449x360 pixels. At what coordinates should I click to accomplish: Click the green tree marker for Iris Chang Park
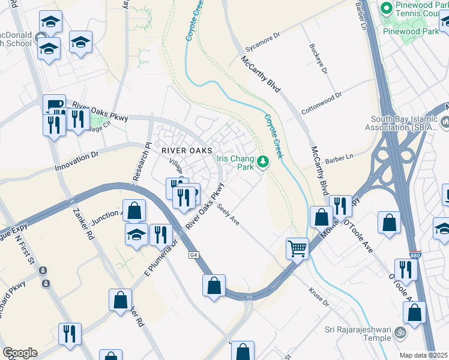pyautogui.click(x=263, y=161)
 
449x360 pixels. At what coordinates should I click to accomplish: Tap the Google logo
pyautogui.click(x=19, y=353)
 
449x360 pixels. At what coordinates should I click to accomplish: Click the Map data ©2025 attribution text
pyautogui.click(x=424, y=355)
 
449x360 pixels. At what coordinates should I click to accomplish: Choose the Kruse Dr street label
pyautogui.click(x=319, y=298)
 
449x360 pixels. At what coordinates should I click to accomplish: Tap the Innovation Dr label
pyautogui.click(x=76, y=161)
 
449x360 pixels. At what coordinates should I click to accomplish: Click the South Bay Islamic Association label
pyautogui.click(x=405, y=123)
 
